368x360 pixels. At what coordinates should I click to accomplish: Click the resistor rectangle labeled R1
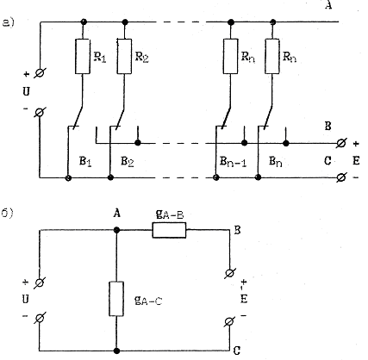point(83,56)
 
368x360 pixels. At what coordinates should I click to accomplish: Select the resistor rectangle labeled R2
point(124,56)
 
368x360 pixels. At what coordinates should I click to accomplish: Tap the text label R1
point(100,57)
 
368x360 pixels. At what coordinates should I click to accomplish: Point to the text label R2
point(141,57)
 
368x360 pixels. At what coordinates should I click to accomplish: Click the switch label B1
point(85,162)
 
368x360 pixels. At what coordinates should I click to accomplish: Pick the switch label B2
point(128,162)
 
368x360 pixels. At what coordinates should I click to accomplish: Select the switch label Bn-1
point(233,162)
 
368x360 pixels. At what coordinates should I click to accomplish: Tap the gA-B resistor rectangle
point(169,230)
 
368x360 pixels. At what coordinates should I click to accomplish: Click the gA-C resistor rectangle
point(116,299)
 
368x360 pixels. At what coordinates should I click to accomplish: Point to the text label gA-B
point(170,214)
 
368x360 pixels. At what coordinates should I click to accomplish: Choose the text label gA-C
point(148,301)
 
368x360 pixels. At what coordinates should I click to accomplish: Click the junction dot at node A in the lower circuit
point(116,230)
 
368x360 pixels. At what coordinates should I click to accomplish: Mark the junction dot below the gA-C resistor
point(116,351)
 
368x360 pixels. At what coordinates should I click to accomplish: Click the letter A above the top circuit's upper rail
point(328,5)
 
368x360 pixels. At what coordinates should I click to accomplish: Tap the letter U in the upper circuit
point(26,92)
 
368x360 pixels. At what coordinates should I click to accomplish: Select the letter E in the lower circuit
point(244,299)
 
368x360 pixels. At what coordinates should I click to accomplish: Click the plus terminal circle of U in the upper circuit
point(40,73)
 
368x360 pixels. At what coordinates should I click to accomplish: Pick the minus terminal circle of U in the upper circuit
point(40,112)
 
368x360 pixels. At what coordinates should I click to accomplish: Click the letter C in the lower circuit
point(237,351)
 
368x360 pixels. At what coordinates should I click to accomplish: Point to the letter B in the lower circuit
point(237,230)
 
